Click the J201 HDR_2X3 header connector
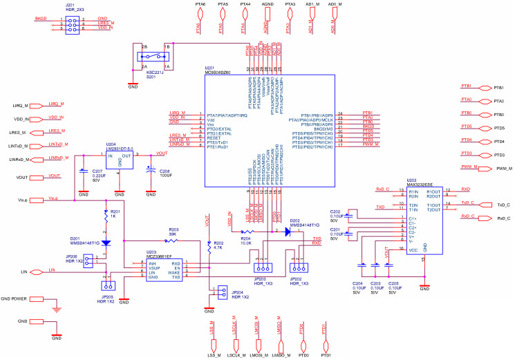71,23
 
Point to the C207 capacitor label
97,170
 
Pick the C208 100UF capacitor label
165,170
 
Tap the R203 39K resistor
173,239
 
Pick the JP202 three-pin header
299,269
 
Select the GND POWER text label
14,299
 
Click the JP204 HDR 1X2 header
221,292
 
